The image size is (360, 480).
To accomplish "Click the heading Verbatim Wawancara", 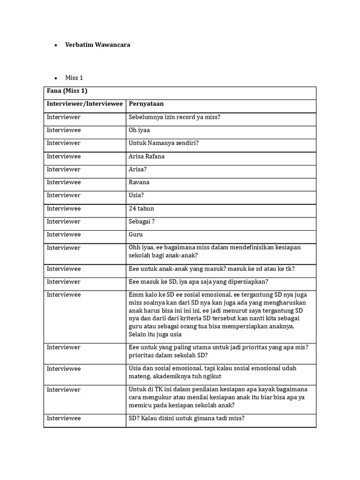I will coord(97,45).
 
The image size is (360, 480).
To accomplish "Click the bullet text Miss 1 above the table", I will coord(74,78).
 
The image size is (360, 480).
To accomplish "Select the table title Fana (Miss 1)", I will coord(67,91).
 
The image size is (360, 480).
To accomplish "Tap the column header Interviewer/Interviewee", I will coord(84,104).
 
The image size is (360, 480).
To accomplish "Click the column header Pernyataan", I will coord(146,104).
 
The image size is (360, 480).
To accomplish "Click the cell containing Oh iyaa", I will coord(139,130).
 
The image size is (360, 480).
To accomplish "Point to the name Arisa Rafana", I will coord(147,157).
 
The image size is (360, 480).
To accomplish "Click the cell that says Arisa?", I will coord(137,169).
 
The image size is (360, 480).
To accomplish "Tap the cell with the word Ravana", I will coord(139,182).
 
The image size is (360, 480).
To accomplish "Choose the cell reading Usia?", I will coord(135,195).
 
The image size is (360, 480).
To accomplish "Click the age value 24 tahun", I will coord(141,209).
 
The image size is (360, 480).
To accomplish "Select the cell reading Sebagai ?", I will coord(142,221).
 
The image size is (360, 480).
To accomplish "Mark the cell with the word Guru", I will coord(136,234).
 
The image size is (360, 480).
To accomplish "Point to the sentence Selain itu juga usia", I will coord(155,335).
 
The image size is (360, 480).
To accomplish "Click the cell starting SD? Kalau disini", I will coord(186,419).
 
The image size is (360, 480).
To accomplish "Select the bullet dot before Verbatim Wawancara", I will coord(56,45).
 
